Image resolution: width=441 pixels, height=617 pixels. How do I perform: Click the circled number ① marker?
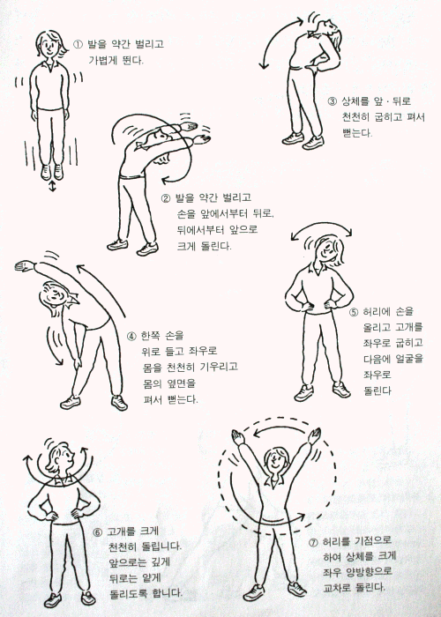78,44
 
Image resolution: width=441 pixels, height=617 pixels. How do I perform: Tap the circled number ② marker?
166,198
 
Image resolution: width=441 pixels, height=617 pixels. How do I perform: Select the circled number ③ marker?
333,101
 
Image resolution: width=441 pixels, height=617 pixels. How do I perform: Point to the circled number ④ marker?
131,336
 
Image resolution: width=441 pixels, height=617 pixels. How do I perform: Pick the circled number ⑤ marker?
354,313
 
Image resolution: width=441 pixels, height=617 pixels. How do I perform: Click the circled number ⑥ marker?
97,532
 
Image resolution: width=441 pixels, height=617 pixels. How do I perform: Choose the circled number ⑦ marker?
313,543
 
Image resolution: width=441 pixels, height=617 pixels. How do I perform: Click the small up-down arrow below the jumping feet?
52,187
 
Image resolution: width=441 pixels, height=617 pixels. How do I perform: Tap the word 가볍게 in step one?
103,60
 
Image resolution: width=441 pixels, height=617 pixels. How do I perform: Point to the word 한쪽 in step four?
150,336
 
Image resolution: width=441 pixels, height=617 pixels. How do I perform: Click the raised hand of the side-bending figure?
25,266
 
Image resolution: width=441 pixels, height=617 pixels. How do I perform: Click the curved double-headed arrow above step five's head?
321,227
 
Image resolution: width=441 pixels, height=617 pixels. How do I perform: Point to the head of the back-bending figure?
326,33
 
